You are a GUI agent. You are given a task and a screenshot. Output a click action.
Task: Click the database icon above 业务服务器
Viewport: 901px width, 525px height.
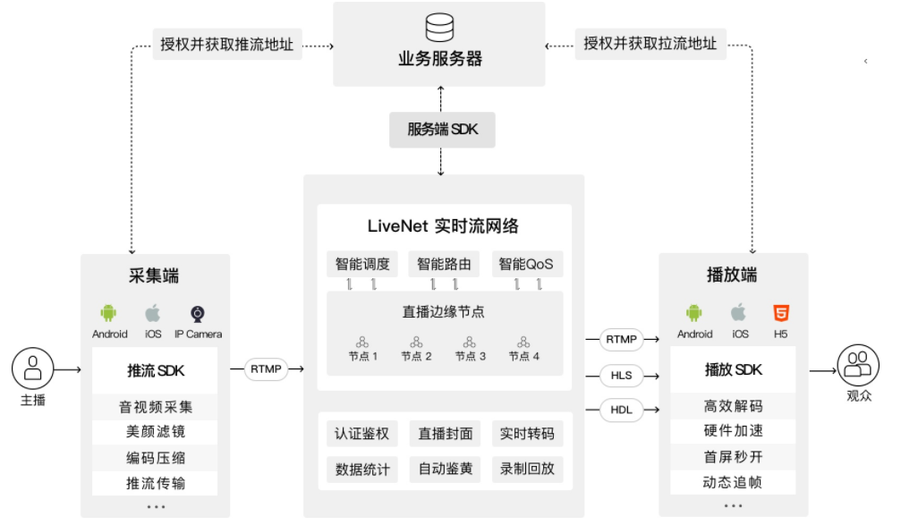click(439, 27)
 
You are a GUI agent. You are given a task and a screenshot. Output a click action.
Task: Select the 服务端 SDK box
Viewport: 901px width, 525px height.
click(442, 130)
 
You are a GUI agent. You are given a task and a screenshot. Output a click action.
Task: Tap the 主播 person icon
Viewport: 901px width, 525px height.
click(33, 368)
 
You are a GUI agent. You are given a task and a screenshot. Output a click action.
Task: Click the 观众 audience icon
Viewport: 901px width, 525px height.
click(858, 365)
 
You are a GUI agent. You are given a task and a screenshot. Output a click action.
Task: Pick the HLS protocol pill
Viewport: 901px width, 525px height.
click(621, 376)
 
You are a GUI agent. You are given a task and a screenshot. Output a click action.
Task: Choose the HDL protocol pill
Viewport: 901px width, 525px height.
click(621, 411)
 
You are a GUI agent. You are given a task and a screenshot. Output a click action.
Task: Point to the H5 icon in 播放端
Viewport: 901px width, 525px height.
click(781, 313)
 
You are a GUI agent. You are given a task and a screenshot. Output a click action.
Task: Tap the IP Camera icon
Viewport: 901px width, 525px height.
click(198, 314)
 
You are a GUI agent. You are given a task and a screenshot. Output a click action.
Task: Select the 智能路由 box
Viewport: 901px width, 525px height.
click(444, 264)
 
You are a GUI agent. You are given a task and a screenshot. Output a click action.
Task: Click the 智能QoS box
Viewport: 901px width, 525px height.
click(526, 264)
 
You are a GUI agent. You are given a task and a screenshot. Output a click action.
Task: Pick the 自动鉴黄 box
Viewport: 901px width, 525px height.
click(444, 469)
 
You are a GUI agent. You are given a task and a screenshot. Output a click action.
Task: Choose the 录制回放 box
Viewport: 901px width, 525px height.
click(527, 469)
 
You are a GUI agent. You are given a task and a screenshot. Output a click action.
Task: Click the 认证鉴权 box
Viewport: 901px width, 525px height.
click(361, 435)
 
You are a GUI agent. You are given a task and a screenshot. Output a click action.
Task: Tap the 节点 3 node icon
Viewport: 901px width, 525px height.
click(470, 342)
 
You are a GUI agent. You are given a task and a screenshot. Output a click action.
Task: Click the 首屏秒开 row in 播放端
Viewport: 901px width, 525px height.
click(733, 457)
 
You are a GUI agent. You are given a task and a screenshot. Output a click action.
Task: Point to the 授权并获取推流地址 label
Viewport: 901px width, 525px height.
click(227, 43)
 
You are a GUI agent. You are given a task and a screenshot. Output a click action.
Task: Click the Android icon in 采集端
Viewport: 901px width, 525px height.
click(109, 313)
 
